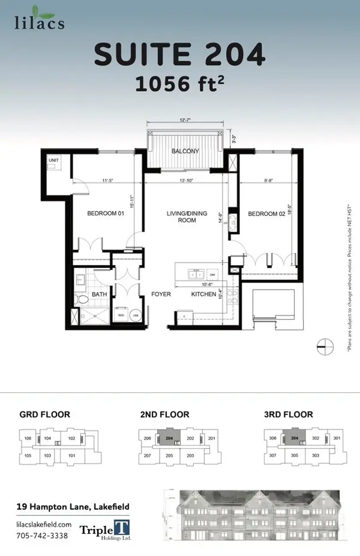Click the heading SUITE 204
pos(179,56)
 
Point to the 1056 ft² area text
pos(179,85)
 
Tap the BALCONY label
pos(185,151)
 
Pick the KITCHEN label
pos(203,294)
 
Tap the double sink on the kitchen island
pos(196,274)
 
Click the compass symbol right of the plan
pos(325,345)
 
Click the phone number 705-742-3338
pos(41,535)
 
